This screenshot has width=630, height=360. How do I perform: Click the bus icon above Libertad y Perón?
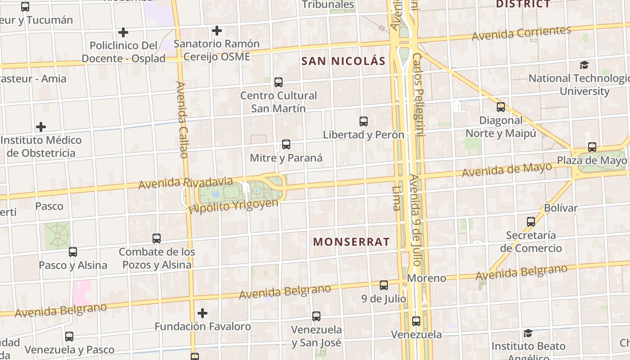click(364, 121)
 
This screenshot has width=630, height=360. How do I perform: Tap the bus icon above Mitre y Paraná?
click(286, 144)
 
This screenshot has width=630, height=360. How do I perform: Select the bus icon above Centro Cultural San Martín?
click(279, 82)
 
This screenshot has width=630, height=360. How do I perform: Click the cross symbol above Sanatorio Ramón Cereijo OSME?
click(217, 31)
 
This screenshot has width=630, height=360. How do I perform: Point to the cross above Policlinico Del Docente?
click(123, 32)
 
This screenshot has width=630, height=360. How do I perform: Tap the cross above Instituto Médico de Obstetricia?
click(41, 127)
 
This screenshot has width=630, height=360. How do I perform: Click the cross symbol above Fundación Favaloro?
click(202, 313)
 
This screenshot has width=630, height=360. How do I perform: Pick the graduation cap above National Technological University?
click(584, 65)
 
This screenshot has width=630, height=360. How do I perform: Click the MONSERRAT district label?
click(351, 242)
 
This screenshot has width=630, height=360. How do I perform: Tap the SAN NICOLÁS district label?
click(343, 61)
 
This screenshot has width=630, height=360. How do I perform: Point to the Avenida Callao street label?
click(182, 120)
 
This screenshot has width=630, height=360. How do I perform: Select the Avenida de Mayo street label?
click(507, 170)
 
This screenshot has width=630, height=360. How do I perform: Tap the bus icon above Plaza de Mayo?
click(592, 147)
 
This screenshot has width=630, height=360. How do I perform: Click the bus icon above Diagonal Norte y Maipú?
click(501, 107)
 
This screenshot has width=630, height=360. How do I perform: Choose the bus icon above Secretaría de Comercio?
click(531, 222)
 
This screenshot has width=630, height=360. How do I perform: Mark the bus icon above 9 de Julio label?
click(384, 285)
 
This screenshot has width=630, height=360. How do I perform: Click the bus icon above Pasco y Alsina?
click(73, 252)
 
